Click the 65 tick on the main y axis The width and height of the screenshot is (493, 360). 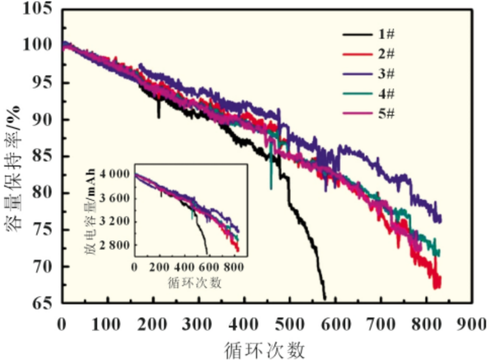pyautogui.click(x=43, y=303)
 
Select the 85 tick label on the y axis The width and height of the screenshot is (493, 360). pyautogui.click(x=43, y=156)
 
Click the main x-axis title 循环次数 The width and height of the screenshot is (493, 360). pyautogui.click(x=264, y=348)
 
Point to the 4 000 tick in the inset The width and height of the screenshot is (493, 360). pyautogui.click(x=116, y=174)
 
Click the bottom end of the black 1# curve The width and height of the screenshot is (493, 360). pyautogui.click(x=324, y=299)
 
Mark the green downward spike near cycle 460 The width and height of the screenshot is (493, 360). pyautogui.click(x=271, y=188)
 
